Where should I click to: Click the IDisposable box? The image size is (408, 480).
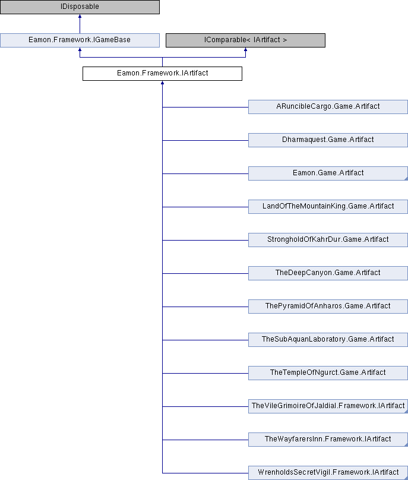[x=80, y=7]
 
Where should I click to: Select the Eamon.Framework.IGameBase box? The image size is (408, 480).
[x=80, y=40]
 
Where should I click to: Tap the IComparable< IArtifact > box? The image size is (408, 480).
[x=245, y=40]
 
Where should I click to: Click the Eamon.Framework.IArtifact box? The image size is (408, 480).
[x=162, y=74]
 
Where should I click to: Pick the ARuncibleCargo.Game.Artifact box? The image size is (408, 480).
[x=328, y=107]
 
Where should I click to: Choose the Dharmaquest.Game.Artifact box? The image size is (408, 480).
[x=328, y=140]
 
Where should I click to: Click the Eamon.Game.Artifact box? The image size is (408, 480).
[x=328, y=173]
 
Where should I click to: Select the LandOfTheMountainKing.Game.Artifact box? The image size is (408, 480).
[x=328, y=207]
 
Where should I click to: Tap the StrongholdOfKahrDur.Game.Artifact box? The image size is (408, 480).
[x=328, y=240]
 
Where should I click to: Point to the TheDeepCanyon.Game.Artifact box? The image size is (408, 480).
[x=328, y=273]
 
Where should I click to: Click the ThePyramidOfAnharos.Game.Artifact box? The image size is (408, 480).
[x=328, y=307]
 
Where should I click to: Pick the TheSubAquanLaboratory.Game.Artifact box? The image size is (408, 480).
[x=328, y=340]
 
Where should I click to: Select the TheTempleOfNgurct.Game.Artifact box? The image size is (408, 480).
[x=328, y=373]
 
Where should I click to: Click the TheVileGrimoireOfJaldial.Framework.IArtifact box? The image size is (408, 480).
[x=328, y=406]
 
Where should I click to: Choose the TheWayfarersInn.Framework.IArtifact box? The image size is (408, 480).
[x=328, y=440]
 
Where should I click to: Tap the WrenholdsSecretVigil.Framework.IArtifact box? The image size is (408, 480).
[x=328, y=473]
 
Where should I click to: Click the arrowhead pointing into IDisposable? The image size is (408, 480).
[x=80, y=16]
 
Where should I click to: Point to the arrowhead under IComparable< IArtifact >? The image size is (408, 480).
[x=245, y=49]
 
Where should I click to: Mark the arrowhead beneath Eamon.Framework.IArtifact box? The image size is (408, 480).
[x=162, y=83]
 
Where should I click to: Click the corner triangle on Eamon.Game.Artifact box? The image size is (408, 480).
[x=406, y=179]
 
